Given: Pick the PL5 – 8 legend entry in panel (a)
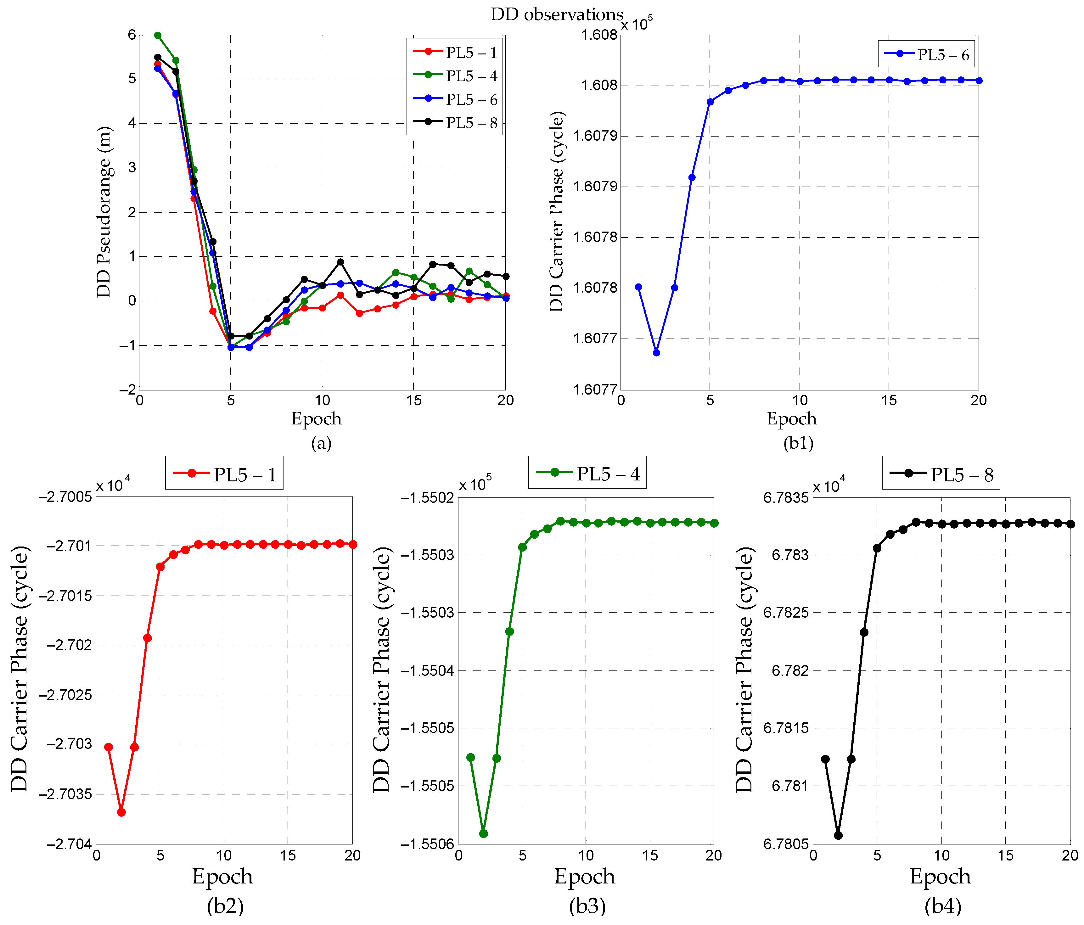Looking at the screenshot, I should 471,123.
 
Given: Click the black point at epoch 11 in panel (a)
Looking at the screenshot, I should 340,261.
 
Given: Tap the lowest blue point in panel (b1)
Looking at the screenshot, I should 657,353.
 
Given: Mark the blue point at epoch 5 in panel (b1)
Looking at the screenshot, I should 710,102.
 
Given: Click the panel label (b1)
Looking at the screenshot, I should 798,443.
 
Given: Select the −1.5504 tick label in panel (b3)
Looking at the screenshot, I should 428,671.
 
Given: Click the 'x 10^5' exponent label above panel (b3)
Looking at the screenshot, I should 475,485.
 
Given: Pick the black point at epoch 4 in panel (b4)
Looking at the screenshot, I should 864,632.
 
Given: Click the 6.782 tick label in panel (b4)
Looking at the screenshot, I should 790,671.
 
